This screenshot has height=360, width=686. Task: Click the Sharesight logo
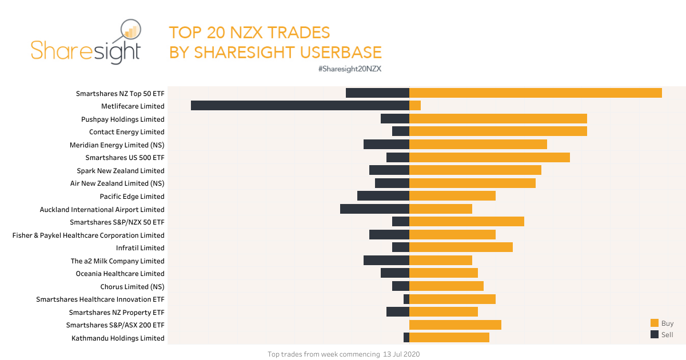click(x=86, y=42)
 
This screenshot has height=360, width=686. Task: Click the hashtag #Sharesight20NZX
click(x=349, y=69)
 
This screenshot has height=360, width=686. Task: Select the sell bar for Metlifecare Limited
click(x=300, y=106)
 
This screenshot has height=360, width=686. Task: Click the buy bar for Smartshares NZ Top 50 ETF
click(x=536, y=93)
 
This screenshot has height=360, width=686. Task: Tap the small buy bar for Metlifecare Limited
click(x=415, y=106)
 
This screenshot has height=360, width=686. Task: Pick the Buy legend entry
click(x=663, y=323)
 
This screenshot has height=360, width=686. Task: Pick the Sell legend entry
click(x=663, y=335)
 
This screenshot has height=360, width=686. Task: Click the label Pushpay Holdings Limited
click(x=122, y=119)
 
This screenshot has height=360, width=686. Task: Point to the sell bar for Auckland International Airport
click(x=374, y=209)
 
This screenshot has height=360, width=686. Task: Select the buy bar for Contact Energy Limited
click(x=498, y=131)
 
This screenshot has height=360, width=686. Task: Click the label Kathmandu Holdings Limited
click(x=118, y=338)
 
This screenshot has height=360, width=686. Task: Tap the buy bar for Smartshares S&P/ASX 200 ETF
click(x=455, y=325)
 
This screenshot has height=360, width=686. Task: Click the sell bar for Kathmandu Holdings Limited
click(x=406, y=338)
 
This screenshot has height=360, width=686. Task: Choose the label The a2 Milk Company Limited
click(x=117, y=261)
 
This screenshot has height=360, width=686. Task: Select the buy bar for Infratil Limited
click(x=461, y=247)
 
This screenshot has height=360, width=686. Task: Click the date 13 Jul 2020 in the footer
click(x=401, y=354)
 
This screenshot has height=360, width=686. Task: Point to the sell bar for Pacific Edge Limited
click(x=383, y=196)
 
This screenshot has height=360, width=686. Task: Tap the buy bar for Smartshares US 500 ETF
click(x=489, y=157)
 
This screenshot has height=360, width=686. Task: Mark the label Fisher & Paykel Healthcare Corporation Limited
click(x=89, y=235)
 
